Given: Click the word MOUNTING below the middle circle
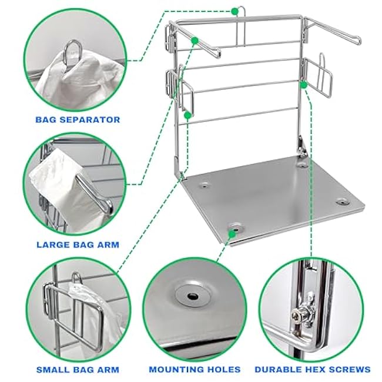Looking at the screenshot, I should click(x=172, y=370).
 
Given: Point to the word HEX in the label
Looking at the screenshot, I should click(x=321, y=370).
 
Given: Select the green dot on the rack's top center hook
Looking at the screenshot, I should click(x=234, y=10).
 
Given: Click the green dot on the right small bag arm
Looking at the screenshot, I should click(x=303, y=85).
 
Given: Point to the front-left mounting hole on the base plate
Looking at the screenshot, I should click(x=236, y=226).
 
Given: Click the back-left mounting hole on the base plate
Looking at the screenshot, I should click(x=205, y=185).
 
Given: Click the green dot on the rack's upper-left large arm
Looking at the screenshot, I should click(x=194, y=40).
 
